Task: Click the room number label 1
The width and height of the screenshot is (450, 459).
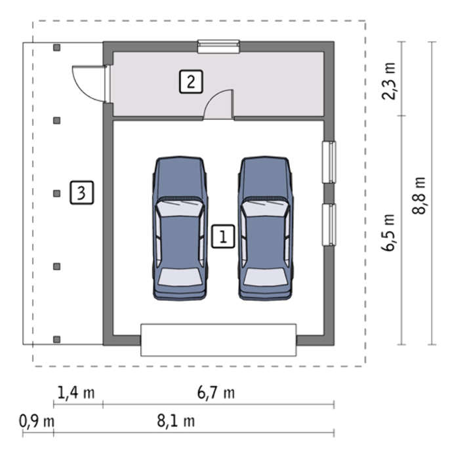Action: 223,236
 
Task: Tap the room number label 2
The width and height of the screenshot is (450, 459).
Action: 191,82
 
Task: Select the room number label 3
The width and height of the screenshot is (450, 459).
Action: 82,193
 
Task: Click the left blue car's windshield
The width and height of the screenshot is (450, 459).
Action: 179,209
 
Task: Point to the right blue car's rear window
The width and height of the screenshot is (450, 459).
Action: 265,276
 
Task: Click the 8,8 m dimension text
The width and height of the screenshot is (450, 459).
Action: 419,195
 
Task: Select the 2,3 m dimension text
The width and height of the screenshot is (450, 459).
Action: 389,81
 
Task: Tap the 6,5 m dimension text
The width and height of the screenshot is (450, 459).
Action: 388,232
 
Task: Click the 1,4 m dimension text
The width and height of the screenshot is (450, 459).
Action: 76,392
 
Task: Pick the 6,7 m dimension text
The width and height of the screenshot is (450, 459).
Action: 216,392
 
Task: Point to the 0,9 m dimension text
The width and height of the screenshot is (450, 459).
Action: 37,421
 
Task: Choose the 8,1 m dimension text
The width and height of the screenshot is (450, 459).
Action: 176,421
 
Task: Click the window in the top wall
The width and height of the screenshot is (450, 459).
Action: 218,47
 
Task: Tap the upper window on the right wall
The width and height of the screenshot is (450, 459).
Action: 329,162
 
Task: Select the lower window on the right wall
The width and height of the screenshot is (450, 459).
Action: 329,224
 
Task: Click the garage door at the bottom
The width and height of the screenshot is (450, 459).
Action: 218,340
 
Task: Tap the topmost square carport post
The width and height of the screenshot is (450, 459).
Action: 57,47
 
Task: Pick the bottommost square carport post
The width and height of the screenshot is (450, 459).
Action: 57,339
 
